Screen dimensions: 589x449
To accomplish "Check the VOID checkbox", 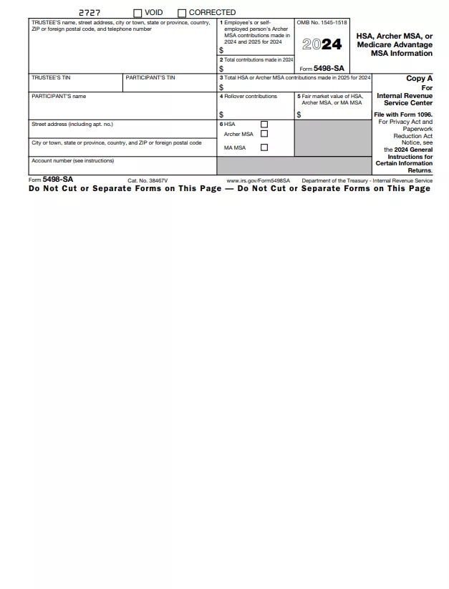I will click(137, 13).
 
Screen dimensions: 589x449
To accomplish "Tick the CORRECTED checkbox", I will click(182, 13).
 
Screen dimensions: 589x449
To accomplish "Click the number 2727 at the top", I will click(90, 13).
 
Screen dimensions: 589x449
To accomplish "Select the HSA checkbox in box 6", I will click(264, 125).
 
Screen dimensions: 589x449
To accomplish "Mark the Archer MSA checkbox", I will click(264, 134).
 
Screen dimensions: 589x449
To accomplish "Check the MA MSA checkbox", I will click(264, 147).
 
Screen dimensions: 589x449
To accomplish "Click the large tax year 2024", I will click(322, 44).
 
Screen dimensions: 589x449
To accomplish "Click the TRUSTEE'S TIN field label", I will click(51, 77).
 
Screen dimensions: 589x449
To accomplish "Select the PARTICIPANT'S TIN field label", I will click(150, 77).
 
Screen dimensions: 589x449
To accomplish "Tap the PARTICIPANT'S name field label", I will click(59, 96).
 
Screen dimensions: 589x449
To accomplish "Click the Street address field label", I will click(72, 125).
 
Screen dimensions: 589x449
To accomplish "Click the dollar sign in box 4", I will click(221, 115).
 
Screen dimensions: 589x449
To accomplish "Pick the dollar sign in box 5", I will click(299, 115).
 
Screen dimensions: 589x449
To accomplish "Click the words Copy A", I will click(419, 79).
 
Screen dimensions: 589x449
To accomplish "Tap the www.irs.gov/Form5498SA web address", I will click(258, 181).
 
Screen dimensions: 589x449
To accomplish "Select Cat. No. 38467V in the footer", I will click(148, 181).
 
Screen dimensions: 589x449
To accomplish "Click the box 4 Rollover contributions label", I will click(248, 96).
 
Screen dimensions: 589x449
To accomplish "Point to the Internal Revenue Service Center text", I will click(405, 99).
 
